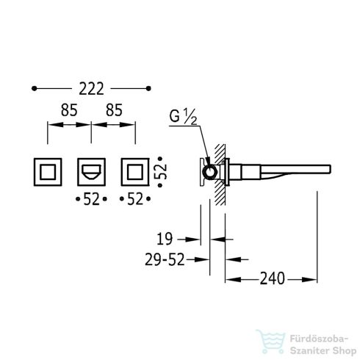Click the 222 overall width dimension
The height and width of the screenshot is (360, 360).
(91, 89)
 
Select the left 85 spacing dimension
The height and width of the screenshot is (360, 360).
(69, 110)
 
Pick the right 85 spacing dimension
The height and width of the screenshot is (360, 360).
(114, 110)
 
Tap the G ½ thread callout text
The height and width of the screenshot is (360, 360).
(183, 116)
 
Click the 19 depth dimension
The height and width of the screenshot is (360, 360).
(165, 239)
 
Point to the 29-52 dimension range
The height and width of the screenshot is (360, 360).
(165, 259)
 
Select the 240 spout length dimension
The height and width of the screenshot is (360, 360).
(272, 278)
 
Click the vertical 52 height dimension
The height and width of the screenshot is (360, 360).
(161, 172)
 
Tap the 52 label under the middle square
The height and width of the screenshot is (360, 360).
(91, 199)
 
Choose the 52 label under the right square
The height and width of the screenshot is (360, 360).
(135, 199)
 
